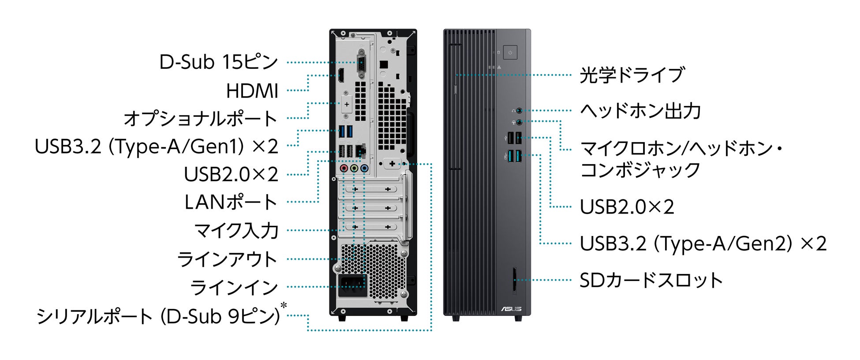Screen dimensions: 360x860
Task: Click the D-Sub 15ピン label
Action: tap(218, 62)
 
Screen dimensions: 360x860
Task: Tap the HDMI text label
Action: tap(252, 91)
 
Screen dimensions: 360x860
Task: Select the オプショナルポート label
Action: tap(200, 119)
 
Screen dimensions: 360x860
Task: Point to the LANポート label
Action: tap(231, 202)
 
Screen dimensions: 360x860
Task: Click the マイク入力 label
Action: tap(236, 230)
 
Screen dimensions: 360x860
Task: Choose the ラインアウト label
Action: tap(227, 259)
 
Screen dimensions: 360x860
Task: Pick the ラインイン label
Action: tap(234, 288)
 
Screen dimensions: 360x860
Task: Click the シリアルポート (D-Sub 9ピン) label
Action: tap(159, 316)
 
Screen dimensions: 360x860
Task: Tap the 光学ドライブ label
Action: tap(632, 75)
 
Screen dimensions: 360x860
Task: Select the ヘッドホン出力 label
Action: tap(640, 111)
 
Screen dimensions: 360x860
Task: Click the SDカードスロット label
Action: tap(651, 280)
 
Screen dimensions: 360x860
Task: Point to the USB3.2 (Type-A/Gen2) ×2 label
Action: tap(703, 244)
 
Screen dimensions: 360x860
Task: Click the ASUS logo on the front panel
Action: tap(511, 309)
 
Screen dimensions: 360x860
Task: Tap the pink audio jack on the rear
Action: tap(344, 168)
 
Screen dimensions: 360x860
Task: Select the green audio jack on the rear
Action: tap(354, 168)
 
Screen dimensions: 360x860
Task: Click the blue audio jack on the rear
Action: tap(364, 168)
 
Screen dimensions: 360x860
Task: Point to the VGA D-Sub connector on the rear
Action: tap(361, 63)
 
